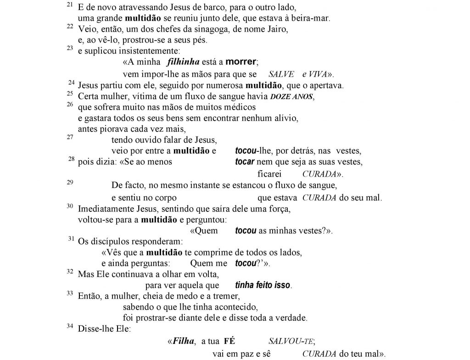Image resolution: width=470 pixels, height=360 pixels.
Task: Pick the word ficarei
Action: pyautogui.click(x=269, y=174)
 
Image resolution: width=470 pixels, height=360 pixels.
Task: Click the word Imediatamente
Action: pyautogui.click(x=103, y=209)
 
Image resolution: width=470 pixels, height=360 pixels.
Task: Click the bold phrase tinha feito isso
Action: pyautogui.click(x=263, y=285)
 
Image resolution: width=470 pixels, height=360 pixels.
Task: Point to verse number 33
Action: pyautogui.click(x=70, y=293)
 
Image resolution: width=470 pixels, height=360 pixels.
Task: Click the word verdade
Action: pyautogui.click(x=292, y=318)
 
